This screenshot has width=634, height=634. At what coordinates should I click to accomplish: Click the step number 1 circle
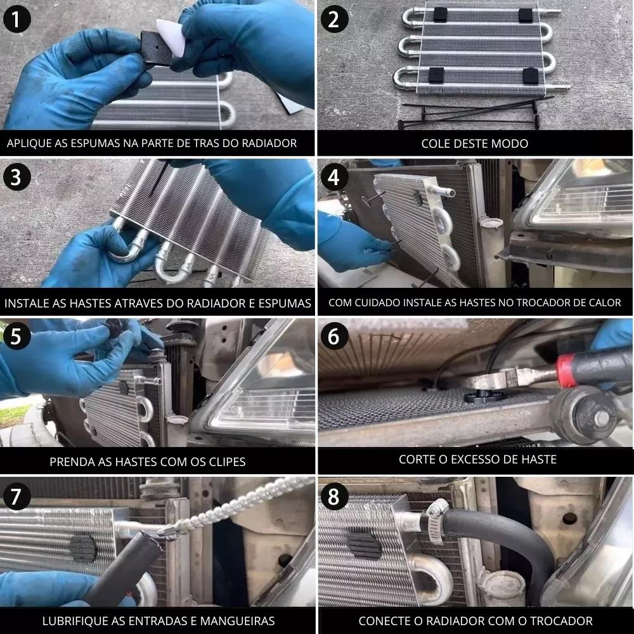click(16, 19)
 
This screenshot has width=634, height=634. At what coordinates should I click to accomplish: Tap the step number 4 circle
click(334, 177)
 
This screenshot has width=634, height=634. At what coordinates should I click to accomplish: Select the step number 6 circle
click(334, 336)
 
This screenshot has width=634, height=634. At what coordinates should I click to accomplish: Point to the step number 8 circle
click(334, 496)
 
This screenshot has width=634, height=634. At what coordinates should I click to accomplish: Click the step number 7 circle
click(16, 496)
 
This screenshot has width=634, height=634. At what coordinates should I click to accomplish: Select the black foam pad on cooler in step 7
click(83, 549)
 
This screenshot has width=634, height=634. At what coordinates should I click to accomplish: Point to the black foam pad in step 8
click(363, 543)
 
